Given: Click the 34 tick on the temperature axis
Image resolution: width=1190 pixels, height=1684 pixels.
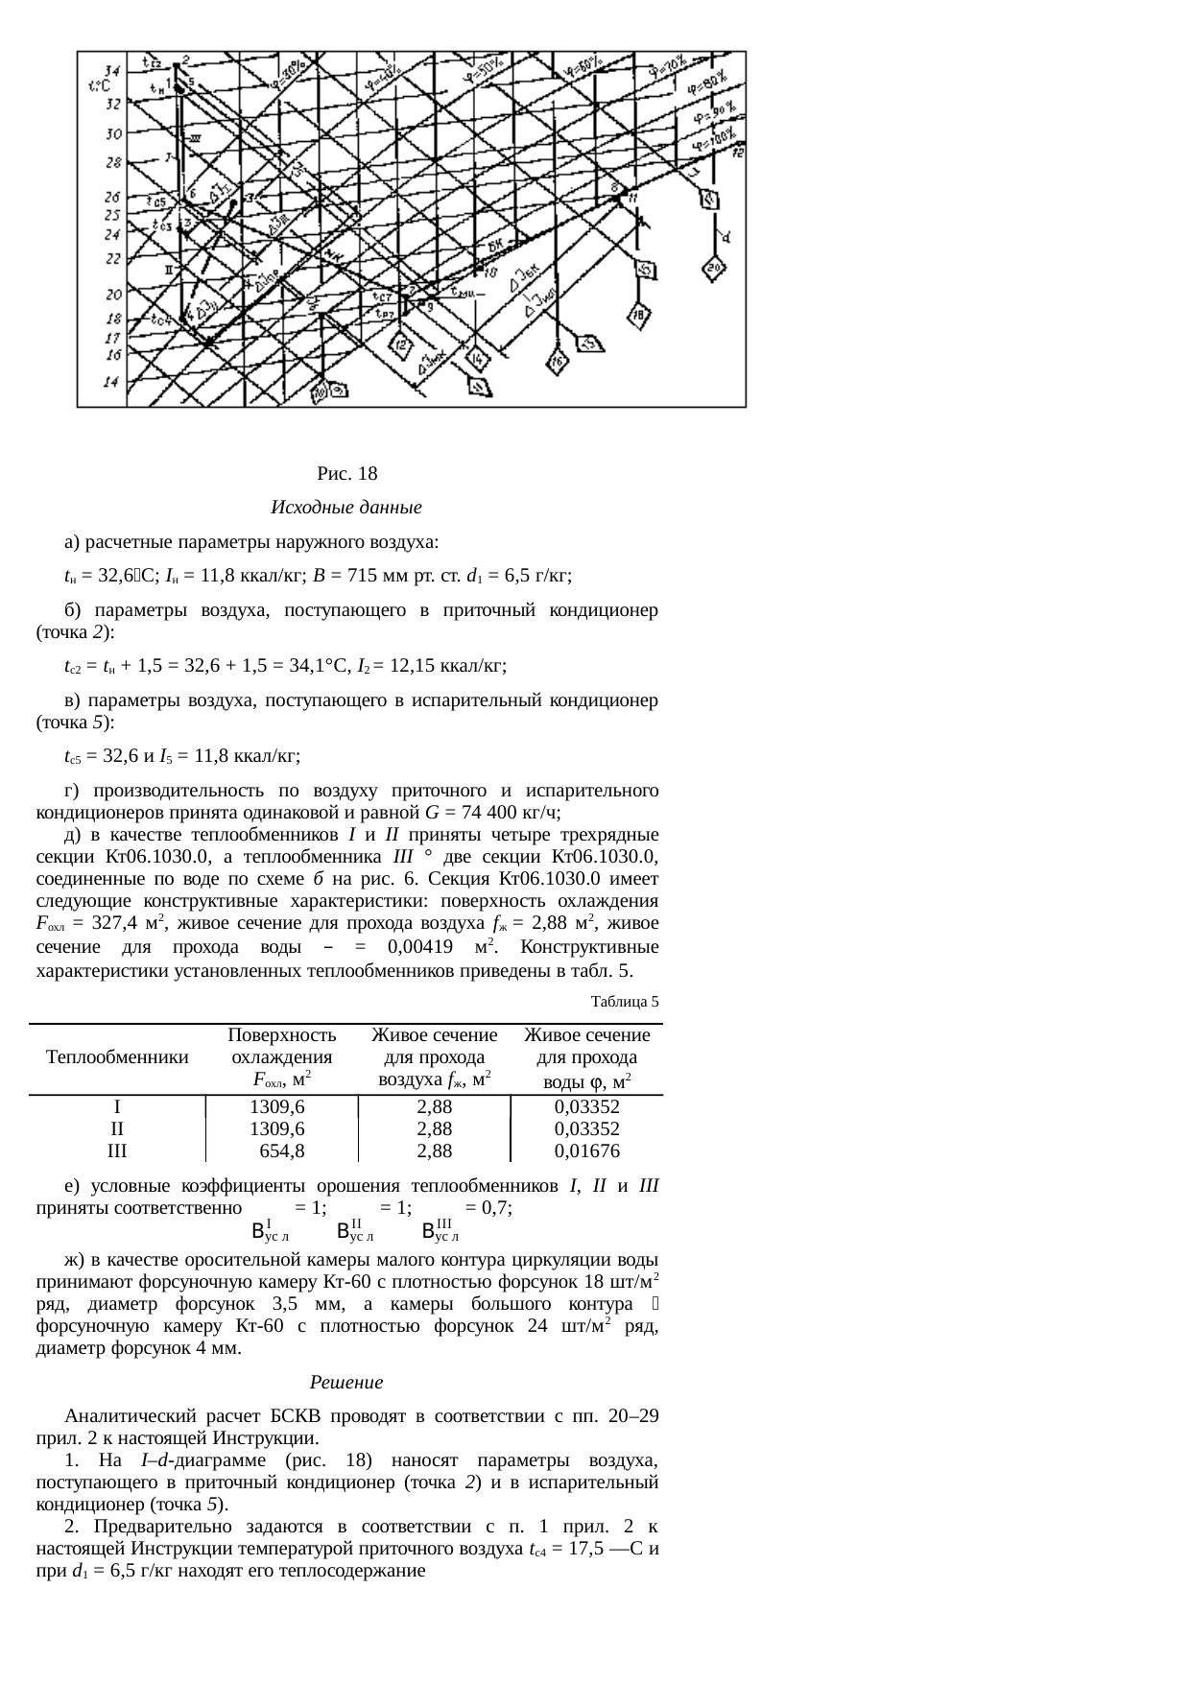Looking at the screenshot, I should click(x=113, y=71).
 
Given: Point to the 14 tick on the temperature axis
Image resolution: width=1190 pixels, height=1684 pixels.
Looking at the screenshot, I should click(x=112, y=381).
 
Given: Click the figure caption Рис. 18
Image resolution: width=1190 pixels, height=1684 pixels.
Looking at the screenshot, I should click(x=346, y=474).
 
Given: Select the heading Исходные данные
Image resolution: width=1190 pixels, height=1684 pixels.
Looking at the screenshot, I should click(x=346, y=507).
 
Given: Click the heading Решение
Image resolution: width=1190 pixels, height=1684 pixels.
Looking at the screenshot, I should click(x=346, y=1383).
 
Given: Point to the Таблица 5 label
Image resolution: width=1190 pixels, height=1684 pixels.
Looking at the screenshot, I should click(x=625, y=1002).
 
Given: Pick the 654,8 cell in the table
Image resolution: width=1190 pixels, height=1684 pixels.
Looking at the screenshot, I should click(x=281, y=1151).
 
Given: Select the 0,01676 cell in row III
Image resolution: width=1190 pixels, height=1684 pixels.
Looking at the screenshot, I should click(x=586, y=1151).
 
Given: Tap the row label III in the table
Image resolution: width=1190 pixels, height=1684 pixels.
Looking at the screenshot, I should click(x=117, y=1151).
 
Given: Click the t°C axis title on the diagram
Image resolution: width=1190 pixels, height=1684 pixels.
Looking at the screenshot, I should click(x=99, y=85).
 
